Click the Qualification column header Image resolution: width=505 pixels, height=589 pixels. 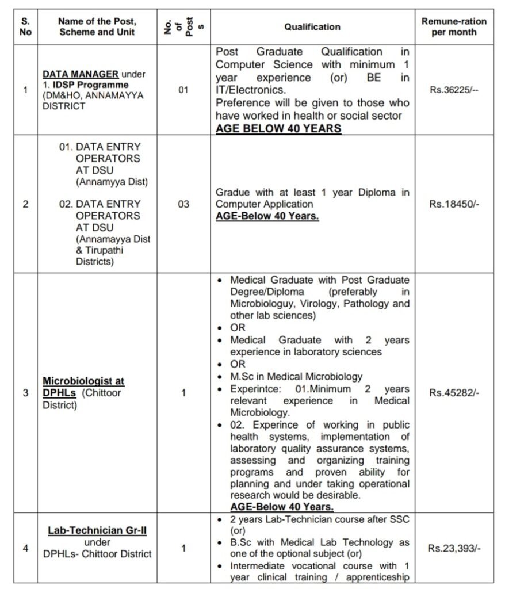point(312,27)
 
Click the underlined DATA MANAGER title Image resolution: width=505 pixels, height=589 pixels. point(81,74)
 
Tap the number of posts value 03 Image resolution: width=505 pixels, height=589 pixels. point(183,204)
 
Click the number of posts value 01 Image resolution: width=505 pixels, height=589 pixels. point(183,90)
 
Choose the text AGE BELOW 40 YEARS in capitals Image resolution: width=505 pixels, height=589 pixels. point(278,128)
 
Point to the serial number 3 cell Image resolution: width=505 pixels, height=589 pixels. point(25,393)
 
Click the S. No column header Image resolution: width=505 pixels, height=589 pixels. point(25,27)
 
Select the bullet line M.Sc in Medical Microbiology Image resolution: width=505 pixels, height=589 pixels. point(296,376)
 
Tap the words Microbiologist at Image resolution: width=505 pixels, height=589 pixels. point(84,381)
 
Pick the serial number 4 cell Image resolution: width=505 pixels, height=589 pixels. point(25,548)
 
